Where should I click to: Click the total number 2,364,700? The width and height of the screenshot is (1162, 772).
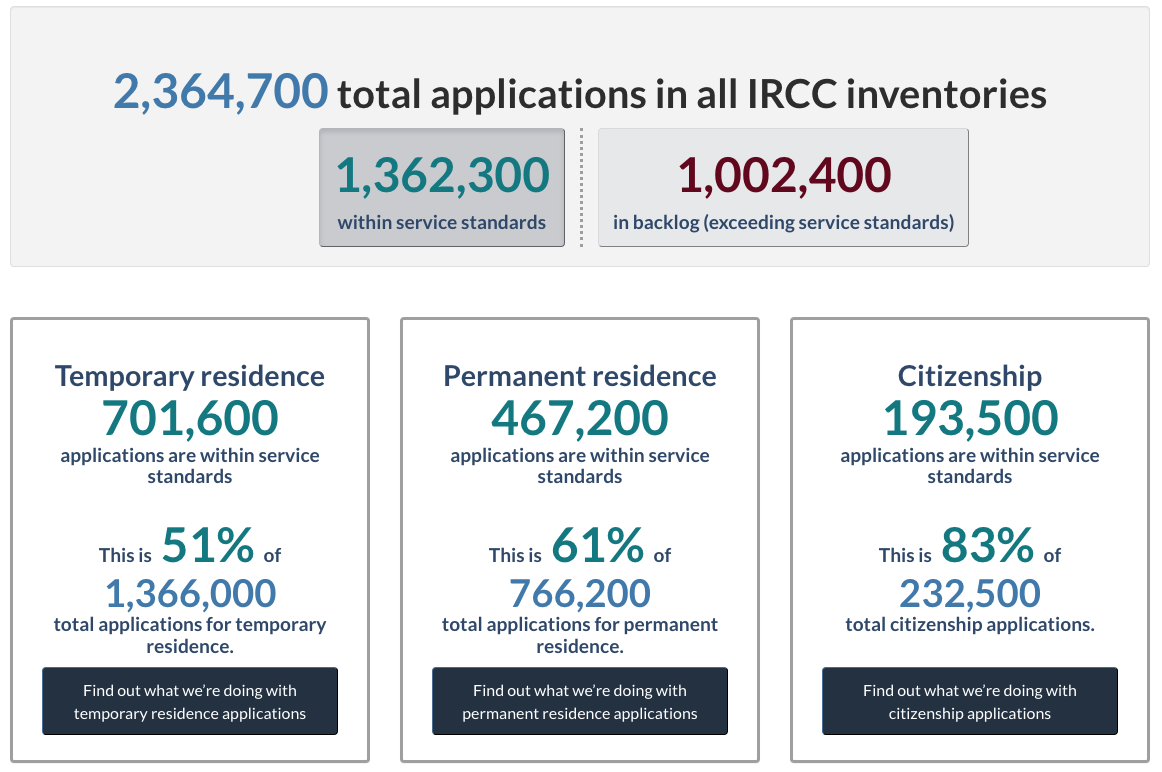click(x=220, y=92)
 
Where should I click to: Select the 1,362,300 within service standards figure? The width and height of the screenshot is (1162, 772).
click(x=442, y=176)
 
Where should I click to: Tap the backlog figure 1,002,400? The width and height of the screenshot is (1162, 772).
click(x=784, y=176)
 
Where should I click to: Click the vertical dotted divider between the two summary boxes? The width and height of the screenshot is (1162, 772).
click(x=582, y=187)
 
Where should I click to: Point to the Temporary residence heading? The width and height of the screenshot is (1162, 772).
click(x=190, y=376)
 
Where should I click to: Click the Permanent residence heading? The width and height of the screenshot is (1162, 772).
click(x=580, y=376)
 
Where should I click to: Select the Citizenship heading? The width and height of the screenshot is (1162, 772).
click(x=969, y=376)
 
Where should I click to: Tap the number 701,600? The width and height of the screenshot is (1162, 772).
click(x=190, y=419)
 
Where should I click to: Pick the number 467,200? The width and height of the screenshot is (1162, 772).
click(x=580, y=419)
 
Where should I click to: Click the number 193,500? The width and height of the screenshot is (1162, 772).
click(x=970, y=419)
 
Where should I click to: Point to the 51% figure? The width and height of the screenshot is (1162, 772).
click(x=208, y=545)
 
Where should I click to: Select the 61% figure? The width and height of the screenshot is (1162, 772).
click(x=597, y=545)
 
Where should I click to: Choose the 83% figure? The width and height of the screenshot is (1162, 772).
click(x=987, y=545)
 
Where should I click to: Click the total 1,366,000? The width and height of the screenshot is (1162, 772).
click(x=190, y=593)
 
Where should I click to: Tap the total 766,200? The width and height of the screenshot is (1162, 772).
click(x=580, y=593)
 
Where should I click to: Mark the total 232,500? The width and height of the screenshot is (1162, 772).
click(x=970, y=593)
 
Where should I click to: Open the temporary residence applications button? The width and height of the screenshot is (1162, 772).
click(x=190, y=701)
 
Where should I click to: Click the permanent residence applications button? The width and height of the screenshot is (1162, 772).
click(x=580, y=701)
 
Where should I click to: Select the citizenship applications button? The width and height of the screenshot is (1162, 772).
click(x=969, y=701)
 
